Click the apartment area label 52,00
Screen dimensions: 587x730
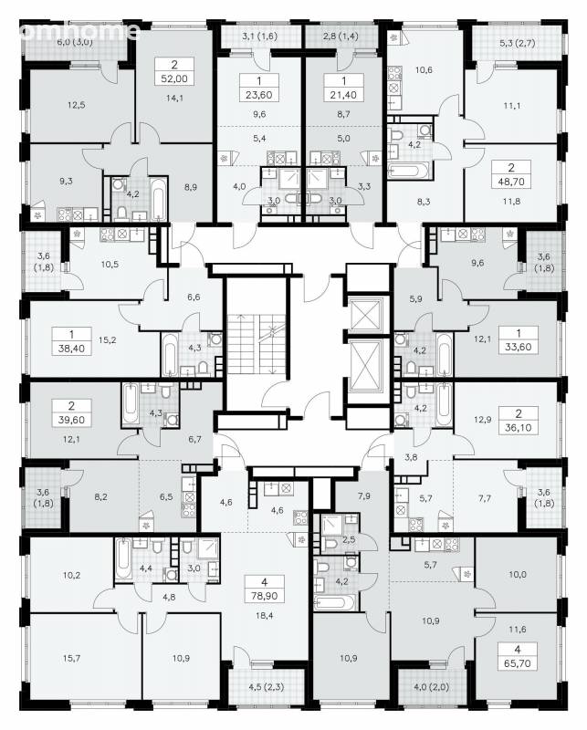(x=174, y=78)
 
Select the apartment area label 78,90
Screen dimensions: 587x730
(x=265, y=596)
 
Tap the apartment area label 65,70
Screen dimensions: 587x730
(x=518, y=663)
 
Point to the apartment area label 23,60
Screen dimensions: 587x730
(x=259, y=95)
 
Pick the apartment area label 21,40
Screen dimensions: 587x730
(x=343, y=95)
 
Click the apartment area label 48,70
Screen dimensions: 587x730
(x=511, y=181)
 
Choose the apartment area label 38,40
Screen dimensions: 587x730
(x=71, y=348)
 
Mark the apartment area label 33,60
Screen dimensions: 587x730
(x=518, y=347)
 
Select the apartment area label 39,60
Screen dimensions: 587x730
(x=71, y=420)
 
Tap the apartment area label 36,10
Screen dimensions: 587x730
(x=518, y=427)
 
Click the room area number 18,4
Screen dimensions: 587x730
(x=264, y=616)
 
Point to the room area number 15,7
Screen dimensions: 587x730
(x=71, y=658)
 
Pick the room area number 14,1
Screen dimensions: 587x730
(x=174, y=98)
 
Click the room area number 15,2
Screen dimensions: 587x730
(x=107, y=339)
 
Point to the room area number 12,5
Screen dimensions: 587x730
(x=76, y=105)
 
